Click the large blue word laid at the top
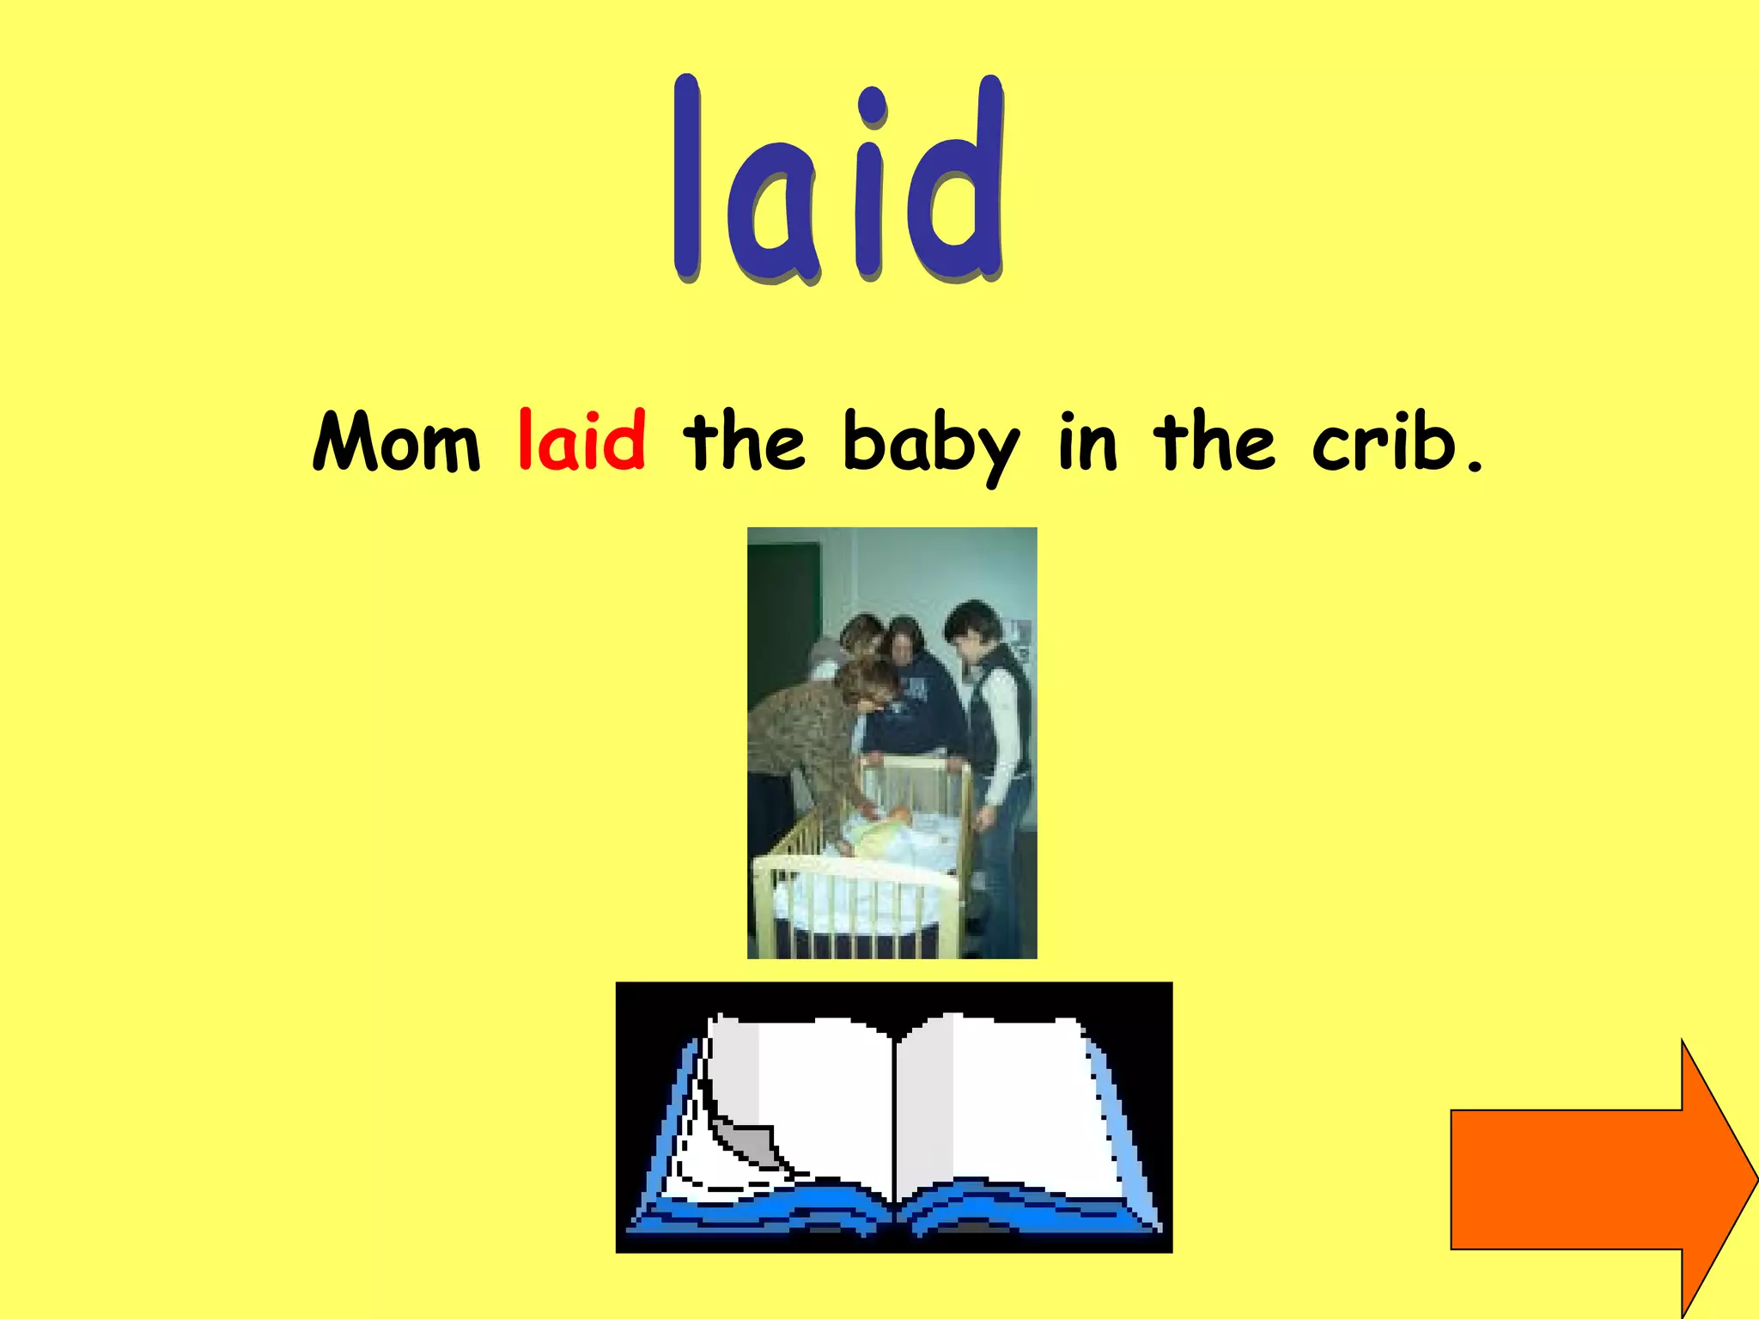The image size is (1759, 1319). [837, 180]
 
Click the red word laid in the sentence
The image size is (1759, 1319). [581, 441]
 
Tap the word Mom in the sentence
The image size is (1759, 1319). [396, 442]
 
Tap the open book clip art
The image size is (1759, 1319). [893, 1116]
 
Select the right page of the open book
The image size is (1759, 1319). [1005, 1099]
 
